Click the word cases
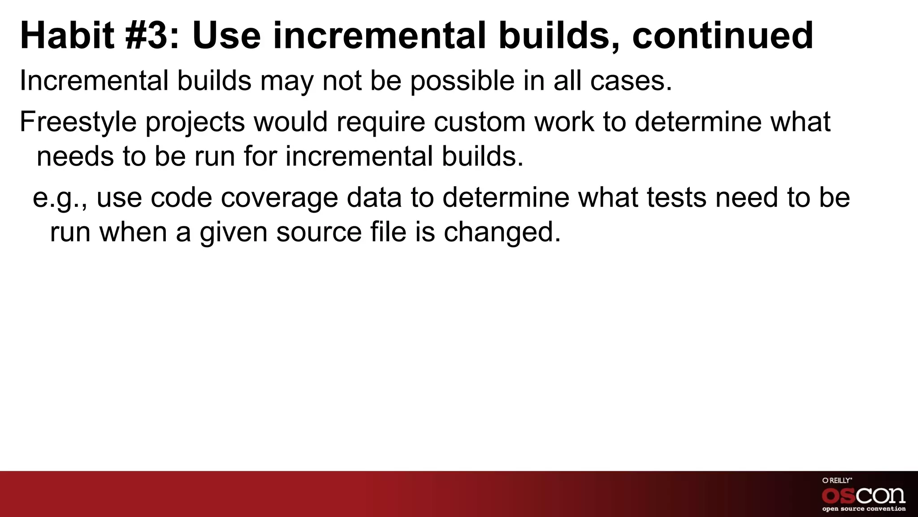point(631,82)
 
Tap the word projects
point(195,122)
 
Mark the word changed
point(502,232)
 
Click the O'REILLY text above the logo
point(837,481)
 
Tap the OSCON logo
point(863,495)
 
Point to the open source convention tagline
point(863,509)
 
